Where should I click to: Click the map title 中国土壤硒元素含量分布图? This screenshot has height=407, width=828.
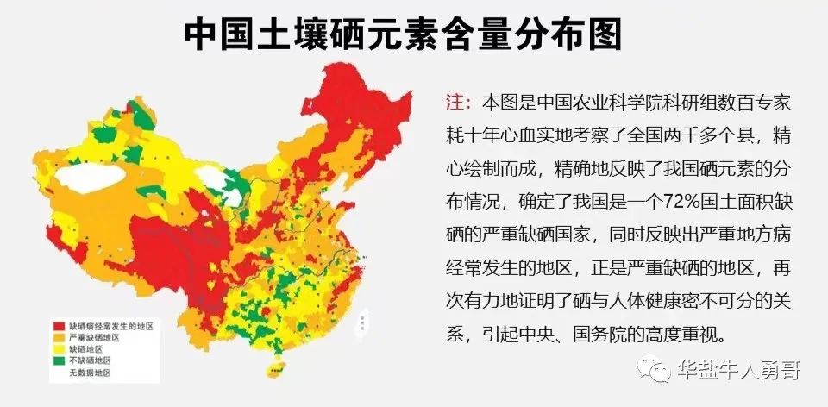[x=403, y=34]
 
